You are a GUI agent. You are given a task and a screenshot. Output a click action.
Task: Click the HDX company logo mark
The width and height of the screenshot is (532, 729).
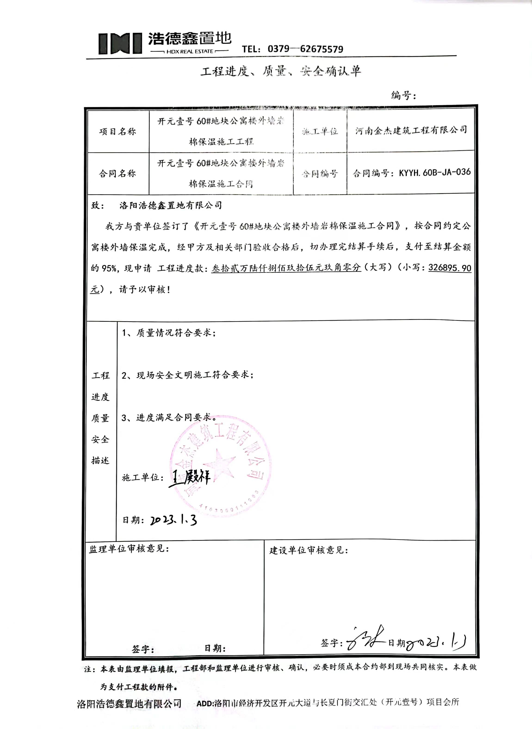point(120,43)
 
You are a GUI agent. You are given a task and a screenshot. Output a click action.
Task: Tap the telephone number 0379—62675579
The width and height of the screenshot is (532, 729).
point(305,49)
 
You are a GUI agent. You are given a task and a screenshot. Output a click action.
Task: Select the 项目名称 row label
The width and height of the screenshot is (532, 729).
point(118,131)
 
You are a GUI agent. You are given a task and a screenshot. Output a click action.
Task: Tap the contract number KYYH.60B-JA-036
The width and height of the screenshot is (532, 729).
point(435,172)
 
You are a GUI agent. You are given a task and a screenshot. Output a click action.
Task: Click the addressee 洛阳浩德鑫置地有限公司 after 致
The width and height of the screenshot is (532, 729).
point(170,205)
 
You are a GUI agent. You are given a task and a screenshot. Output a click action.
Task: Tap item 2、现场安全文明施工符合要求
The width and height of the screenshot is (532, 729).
point(187,375)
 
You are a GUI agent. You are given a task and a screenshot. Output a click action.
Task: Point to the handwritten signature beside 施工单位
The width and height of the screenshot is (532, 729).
point(190,478)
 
